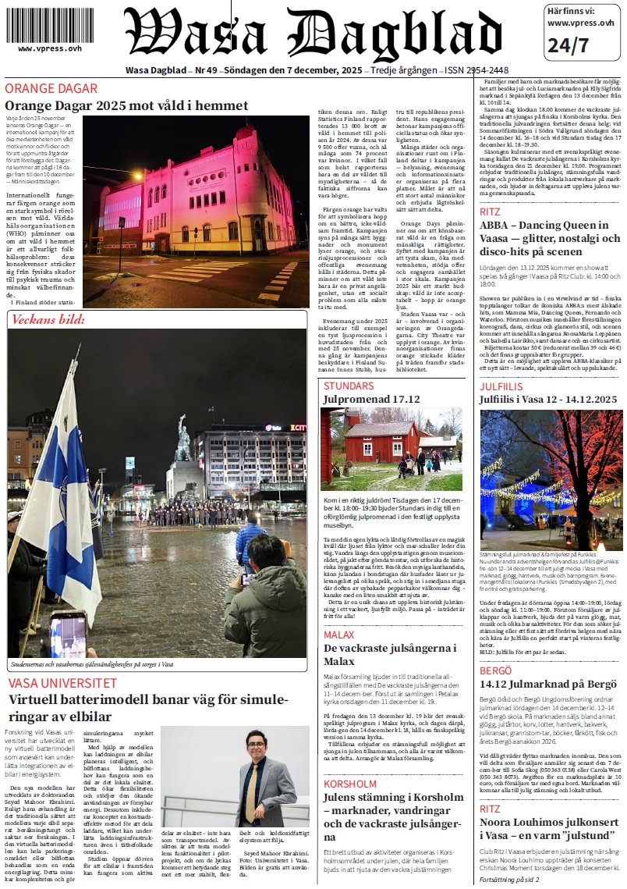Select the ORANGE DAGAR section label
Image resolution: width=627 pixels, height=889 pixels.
[51, 88]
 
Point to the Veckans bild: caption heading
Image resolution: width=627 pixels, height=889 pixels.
[48, 320]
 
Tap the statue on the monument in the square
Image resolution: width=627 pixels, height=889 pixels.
[182, 437]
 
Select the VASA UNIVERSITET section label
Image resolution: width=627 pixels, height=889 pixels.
[62, 683]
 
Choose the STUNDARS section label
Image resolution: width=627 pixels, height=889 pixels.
[349, 386]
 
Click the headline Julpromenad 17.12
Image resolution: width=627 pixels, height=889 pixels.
[371, 400]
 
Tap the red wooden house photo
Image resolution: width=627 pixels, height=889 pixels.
[391, 449]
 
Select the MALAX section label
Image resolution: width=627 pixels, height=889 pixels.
[339, 635]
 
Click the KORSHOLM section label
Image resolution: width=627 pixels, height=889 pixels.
[350, 783]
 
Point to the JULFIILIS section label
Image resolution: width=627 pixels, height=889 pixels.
[501, 386]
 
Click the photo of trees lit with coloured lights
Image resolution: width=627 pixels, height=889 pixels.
[550, 480]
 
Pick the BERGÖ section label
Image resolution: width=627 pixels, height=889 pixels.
[496, 670]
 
